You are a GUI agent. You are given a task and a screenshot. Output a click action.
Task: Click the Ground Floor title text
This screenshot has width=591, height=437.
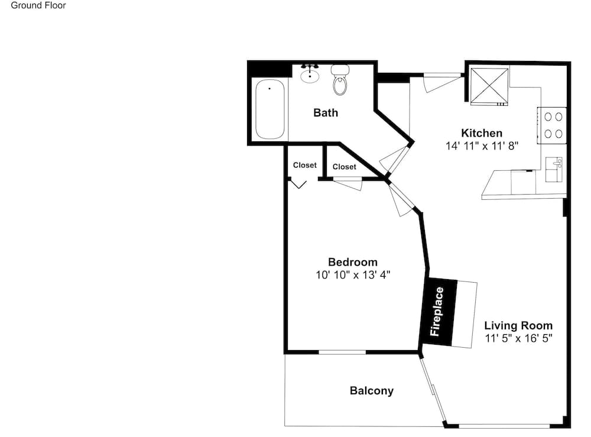[x=38, y=5]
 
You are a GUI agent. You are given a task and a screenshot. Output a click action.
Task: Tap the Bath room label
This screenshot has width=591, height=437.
[x=326, y=113]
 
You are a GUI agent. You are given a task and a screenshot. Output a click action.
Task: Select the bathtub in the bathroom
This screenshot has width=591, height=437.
[x=270, y=109]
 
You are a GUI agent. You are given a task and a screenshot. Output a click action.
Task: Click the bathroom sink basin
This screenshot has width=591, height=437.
[x=310, y=76]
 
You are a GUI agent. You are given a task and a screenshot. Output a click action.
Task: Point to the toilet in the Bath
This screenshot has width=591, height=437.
[x=340, y=80]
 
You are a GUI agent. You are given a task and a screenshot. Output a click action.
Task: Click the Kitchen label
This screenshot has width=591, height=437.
[x=482, y=133]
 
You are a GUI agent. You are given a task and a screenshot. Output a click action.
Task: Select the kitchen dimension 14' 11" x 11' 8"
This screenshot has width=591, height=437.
[x=482, y=146]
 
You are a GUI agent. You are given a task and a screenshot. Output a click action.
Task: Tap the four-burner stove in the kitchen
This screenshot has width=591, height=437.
[x=552, y=125]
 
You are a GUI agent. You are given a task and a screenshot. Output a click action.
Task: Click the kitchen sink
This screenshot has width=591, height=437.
[x=554, y=169]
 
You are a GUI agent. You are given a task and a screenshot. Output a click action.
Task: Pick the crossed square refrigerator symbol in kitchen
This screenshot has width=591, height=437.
[x=489, y=86]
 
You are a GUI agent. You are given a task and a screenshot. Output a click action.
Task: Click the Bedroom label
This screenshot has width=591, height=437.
[x=353, y=262]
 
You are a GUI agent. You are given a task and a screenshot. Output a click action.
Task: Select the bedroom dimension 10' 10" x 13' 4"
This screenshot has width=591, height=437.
[x=353, y=275]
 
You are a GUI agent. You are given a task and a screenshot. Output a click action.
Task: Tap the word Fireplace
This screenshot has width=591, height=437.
[x=437, y=312]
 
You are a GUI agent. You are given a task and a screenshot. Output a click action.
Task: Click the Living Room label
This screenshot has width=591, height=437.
[x=518, y=325]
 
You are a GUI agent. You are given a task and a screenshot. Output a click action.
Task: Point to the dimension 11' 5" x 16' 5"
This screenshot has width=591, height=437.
[x=519, y=338]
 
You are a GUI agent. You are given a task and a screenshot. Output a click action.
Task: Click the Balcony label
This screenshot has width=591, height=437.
[x=372, y=391]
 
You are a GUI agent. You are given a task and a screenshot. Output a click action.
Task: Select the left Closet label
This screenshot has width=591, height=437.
[x=305, y=165]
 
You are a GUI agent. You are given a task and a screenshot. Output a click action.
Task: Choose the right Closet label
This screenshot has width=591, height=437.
[x=345, y=167]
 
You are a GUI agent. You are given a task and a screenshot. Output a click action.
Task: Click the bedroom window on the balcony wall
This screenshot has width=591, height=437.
[x=342, y=352]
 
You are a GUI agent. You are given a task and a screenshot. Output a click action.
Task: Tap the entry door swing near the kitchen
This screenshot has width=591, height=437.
[x=441, y=83]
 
